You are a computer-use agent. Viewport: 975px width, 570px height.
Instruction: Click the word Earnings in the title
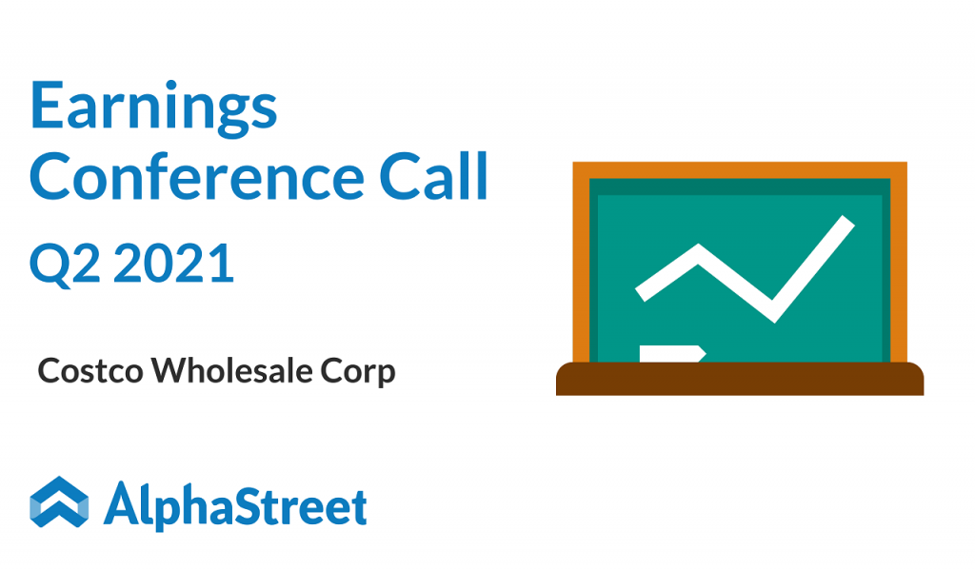(x=153, y=108)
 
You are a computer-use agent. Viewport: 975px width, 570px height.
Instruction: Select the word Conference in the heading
(x=196, y=177)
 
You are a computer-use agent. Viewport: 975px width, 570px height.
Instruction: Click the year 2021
(x=173, y=263)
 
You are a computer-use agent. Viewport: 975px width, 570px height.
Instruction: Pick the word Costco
(x=90, y=371)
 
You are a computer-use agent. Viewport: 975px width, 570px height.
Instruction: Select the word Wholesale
(x=231, y=370)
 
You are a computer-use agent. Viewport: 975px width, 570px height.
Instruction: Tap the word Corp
(x=358, y=372)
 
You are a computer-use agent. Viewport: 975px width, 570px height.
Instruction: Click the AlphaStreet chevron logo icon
(x=59, y=501)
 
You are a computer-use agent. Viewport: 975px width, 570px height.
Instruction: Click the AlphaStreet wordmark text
(x=235, y=505)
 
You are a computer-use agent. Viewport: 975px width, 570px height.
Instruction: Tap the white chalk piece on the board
(x=672, y=354)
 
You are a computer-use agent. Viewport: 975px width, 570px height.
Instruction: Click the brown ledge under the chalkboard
(x=739, y=379)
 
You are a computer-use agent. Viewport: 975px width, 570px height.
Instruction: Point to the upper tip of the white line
(x=849, y=222)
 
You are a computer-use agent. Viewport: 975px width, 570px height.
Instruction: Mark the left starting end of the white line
(x=640, y=295)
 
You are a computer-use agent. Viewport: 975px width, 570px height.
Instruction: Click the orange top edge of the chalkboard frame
(x=739, y=170)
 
